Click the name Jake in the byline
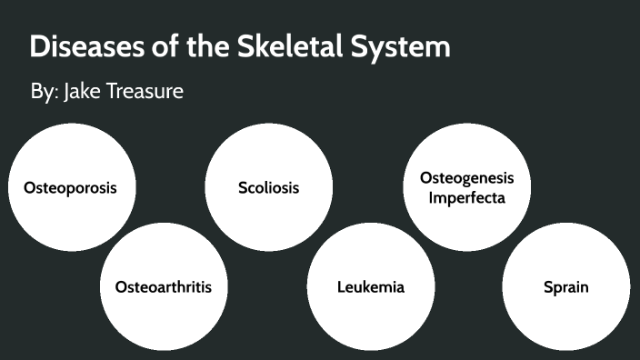pyautogui.click(x=82, y=92)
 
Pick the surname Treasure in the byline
pyautogui.click(x=145, y=92)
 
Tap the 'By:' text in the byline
pyautogui.click(x=43, y=92)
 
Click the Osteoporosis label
pyautogui.click(x=70, y=188)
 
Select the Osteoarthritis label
pyautogui.click(x=164, y=287)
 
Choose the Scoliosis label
pyautogui.click(x=268, y=188)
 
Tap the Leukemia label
pyautogui.click(x=370, y=287)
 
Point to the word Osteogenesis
pyautogui.click(x=466, y=178)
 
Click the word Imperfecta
pyautogui.click(x=466, y=197)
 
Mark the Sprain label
pyautogui.click(x=565, y=287)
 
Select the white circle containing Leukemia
pyautogui.click(x=370, y=314)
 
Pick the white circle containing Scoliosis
pyautogui.click(x=268, y=218)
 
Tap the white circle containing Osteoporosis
pyautogui.click(x=70, y=218)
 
